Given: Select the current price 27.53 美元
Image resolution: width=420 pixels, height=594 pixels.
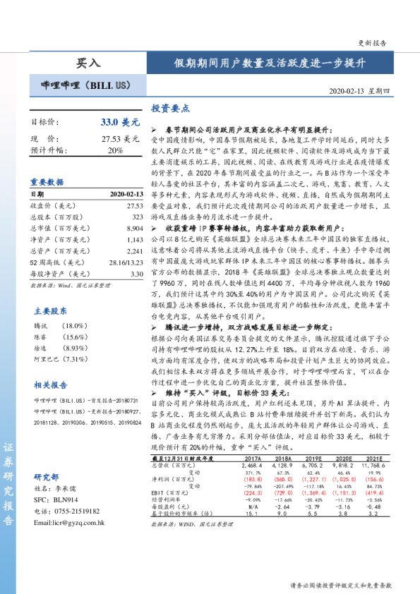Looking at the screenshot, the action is [x=121, y=139].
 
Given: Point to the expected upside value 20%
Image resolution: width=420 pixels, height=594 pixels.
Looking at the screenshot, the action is [x=115, y=150].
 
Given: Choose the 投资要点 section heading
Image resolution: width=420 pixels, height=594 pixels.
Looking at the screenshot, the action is [x=170, y=109].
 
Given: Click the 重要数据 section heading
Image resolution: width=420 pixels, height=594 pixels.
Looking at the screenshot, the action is [x=47, y=181].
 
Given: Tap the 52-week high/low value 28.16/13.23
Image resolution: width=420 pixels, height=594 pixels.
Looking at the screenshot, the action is [x=126, y=262].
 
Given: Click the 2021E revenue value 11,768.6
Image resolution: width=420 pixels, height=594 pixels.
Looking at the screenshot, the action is [x=372, y=465].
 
